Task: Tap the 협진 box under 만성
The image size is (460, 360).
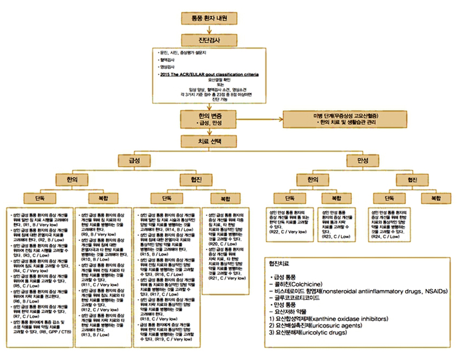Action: [x=405, y=179]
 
